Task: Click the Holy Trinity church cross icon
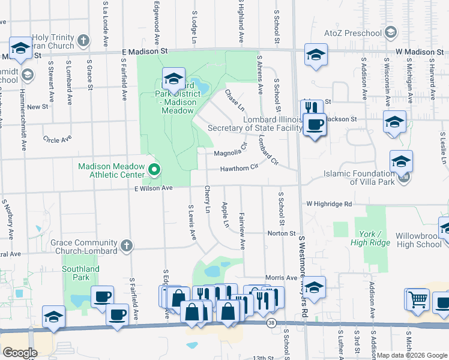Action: (x=83, y=41)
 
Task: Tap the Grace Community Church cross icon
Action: (x=125, y=245)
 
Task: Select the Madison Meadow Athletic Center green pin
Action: (x=154, y=170)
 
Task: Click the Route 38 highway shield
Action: (x=272, y=323)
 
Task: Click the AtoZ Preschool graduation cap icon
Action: (x=391, y=32)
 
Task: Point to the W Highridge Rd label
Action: (x=328, y=203)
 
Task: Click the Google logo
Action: (x=20, y=353)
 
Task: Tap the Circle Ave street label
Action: (x=57, y=139)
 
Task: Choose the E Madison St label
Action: (x=143, y=52)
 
